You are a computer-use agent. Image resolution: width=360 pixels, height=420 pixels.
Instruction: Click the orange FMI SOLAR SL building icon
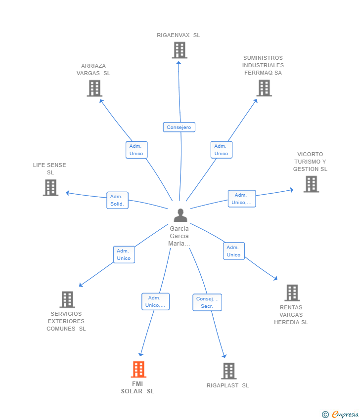pyautogui.click(x=138, y=369)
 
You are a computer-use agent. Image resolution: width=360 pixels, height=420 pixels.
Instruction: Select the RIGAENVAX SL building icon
pyautogui.click(x=180, y=50)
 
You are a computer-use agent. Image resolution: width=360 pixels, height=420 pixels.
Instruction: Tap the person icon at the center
pyautogui.click(x=180, y=215)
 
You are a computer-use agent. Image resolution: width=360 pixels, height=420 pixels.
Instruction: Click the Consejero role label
pyautogui.click(x=179, y=127)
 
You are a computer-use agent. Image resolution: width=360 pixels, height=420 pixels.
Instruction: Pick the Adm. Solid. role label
pyautogui.click(x=117, y=200)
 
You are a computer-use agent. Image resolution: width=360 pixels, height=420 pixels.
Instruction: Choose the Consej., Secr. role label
pyautogui.click(x=207, y=302)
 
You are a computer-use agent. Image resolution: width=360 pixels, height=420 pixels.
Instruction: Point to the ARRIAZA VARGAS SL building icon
pyautogui.click(x=94, y=88)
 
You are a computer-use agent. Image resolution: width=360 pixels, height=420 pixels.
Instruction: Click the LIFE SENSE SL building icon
pyautogui.click(x=50, y=188)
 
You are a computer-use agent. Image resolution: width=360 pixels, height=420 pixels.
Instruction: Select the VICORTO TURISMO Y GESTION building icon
pyautogui.click(x=311, y=184)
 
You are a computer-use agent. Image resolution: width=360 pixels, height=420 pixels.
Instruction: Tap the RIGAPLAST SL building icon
pyautogui.click(x=228, y=371)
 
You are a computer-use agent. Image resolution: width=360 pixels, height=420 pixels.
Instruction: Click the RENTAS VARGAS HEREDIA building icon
pyautogui.click(x=292, y=293)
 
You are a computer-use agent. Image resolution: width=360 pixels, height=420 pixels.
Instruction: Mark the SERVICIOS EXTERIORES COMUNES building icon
pyautogui.click(x=67, y=299)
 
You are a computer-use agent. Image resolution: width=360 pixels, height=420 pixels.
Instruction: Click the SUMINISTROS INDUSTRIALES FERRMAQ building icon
pyautogui.click(x=264, y=88)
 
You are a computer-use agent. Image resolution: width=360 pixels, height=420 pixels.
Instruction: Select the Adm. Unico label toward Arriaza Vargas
pyautogui.click(x=136, y=150)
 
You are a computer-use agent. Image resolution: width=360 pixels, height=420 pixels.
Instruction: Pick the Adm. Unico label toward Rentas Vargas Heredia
pyautogui.click(x=233, y=251)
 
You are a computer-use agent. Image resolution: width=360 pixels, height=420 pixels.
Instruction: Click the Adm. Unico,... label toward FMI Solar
pyautogui.click(x=155, y=301)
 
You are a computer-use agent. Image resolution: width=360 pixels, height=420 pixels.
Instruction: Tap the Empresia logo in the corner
pyautogui.click(x=341, y=415)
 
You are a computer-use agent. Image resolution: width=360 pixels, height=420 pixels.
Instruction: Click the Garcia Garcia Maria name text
pyautogui.click(x=179, y=236)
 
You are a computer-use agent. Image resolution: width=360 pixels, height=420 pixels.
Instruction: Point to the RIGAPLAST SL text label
pyautogui.click(x=227, y=385)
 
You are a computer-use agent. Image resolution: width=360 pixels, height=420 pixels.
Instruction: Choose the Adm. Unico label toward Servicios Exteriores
pyautogui.click(x=124, y=254)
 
